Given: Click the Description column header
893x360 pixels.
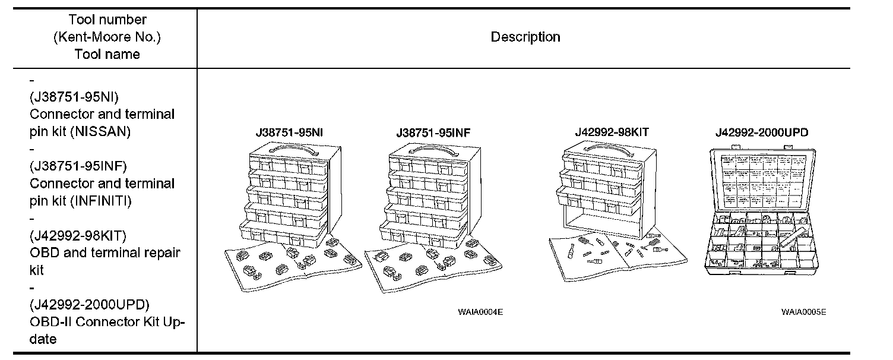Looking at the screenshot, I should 525,37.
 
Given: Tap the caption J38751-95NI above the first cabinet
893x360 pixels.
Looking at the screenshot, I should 289,132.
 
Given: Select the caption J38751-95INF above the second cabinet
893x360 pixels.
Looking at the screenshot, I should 433,132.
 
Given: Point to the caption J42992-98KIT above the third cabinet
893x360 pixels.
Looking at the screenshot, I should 612,132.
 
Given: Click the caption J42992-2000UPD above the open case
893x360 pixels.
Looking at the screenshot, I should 761,132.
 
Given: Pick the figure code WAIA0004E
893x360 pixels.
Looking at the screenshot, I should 480,311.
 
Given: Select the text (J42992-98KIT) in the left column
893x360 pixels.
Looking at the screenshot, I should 77,235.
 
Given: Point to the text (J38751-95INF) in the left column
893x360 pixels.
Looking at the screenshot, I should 78,166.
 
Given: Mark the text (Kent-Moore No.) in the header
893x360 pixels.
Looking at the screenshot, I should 107,37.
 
